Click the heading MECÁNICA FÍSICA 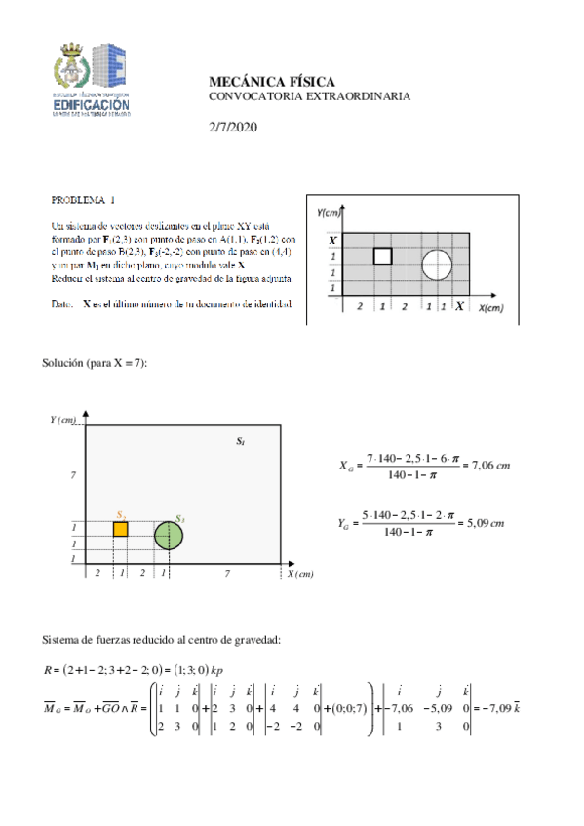tap(272, 82)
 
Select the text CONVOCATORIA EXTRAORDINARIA tap(309, 96)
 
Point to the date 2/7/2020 tap(233, 128)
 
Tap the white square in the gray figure tap(383, 256)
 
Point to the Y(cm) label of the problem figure tap(331, 211)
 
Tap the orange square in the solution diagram tap(121, 529)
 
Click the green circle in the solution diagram tap(169, 536)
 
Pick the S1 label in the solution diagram tap(240, 442)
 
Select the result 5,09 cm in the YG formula tap(484, 523)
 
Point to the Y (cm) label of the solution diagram tap(63, 420)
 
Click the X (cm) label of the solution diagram tap(300, 575)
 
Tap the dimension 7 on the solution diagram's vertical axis tap(72, 474)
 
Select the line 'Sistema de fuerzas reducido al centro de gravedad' tap(162, 640)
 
